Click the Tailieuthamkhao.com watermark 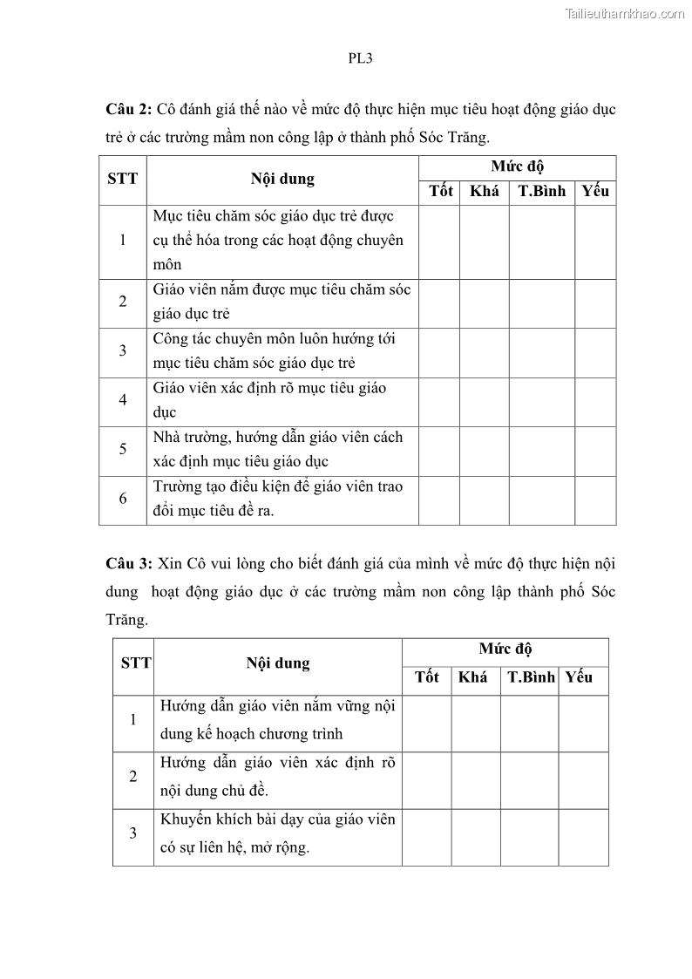tap(625, 13)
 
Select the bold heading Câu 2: tap(129, 109)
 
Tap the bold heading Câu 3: tap(129, 563)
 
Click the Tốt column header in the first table tap(441, 192)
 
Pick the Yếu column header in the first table tap(595, 192)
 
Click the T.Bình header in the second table tap(531, 677)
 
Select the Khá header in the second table tap(472, 677)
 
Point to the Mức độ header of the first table tap(517, 167)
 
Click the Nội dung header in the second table tap(278, 663)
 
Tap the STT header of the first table tap(122, 179)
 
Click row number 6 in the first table tap(123, 499)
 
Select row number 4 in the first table tap(123, 400)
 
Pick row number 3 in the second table tap(133, 833)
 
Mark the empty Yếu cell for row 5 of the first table tap(595, 450)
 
